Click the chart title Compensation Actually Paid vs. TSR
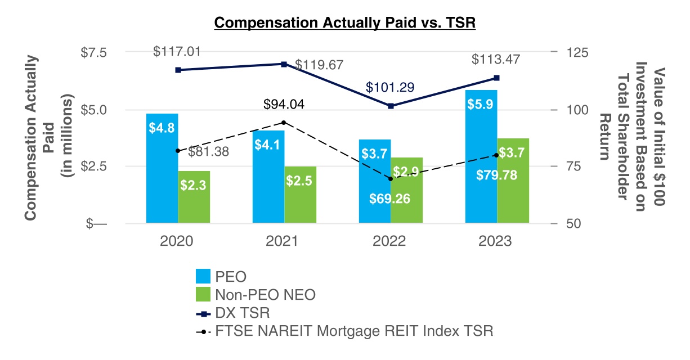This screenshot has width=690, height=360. click(345, 23)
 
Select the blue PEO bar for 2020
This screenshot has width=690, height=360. click(162, 169)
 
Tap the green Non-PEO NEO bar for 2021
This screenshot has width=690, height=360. click(300, 195)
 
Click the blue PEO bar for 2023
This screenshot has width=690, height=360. click(481, 157)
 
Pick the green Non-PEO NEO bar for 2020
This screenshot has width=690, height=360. click(194, 197)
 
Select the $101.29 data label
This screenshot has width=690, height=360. click(389, 88)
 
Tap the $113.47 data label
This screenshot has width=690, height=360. click(496, 59)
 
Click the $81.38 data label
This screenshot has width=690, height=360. click(208, 151)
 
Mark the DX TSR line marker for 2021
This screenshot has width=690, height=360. click(284, 64)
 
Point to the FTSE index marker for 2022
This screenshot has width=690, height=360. click(390, 178)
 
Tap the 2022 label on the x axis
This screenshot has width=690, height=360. click(389, 241)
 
